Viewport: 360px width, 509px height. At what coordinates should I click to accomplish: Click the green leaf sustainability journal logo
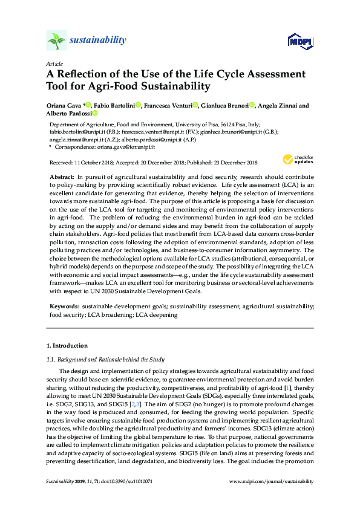click(56, 41)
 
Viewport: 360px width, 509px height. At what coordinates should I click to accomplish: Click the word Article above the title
click(54, 63)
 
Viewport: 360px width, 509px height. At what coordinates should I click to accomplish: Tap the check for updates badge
click(297, 160)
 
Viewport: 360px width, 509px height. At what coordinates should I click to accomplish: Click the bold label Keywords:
click(64, 307)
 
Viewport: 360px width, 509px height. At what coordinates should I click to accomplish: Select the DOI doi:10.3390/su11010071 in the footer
click(125, 482)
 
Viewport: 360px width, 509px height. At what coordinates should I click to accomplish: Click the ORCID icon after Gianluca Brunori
click(252, 105)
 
